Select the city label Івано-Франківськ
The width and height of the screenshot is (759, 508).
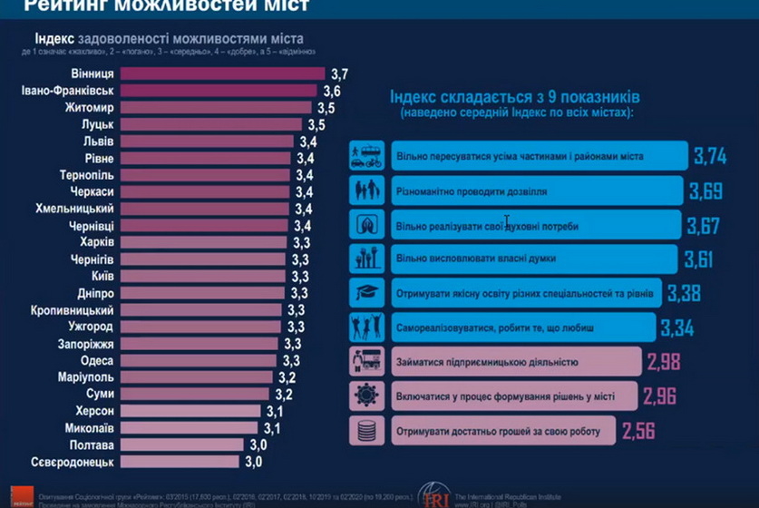pyautogui.click(x=67, y=91)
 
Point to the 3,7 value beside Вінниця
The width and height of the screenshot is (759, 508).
pyautogui.click(x=340, y=73)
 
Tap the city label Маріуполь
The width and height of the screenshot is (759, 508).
pyautogui.click(x=87, y=377)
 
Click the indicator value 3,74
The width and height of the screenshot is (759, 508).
pyautogui.click(x=710, y=156)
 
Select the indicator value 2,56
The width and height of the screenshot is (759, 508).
pyautogui.click(x=639, y=431)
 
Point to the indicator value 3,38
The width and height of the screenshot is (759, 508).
pyautogui.click(x=684, y=293)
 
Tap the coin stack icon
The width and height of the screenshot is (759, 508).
pyautogui.click(x=366, y=431)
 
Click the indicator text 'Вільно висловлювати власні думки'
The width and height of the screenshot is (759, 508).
pyautogui.click(x=476, y=259)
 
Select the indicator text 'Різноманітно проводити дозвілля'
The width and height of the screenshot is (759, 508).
pyautogui.click(x=471, y=191)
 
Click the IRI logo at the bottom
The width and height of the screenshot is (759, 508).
pyautogui.click(x=434, y=496)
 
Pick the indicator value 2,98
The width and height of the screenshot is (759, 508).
pyautogui.click(x=665, y=362)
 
